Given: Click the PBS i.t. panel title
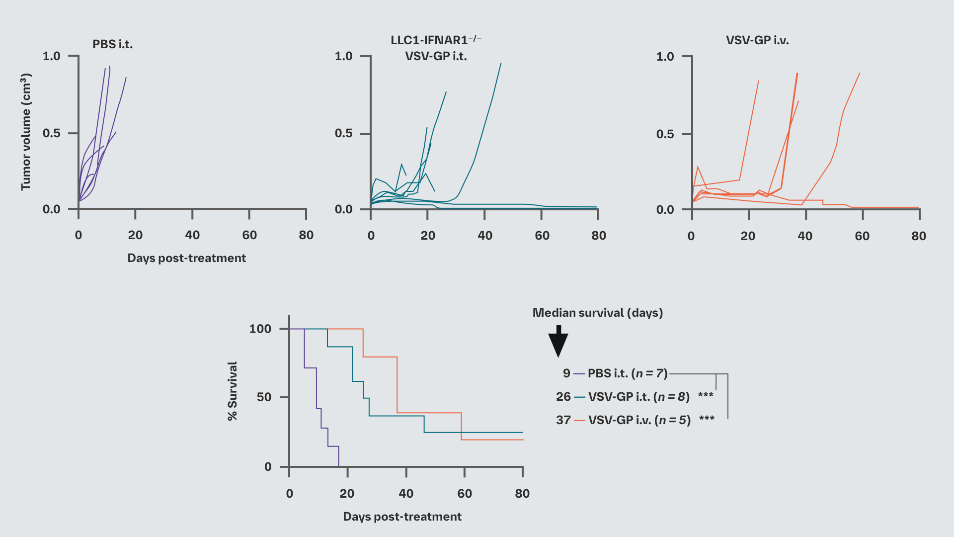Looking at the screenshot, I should point(112,44).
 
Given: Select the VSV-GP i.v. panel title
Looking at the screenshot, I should point(757,40).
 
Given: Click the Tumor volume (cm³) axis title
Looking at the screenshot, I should point(26,132).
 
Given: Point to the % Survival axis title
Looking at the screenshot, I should point(232,391).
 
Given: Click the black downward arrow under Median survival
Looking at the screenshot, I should point(558,342).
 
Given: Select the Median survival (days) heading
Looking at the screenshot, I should point(597,313).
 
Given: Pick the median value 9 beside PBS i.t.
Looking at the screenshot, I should point(566,373).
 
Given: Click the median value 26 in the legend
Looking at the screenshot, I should point(563,396).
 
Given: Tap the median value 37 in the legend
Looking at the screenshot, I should point(563,420).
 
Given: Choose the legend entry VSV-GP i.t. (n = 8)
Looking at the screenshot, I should point(638,396).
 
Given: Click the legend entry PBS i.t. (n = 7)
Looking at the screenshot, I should point(627,373).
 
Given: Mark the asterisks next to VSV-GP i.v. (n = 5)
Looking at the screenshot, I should point(706,419).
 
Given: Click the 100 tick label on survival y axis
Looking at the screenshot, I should point(260,329).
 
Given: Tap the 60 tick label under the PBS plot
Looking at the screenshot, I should point(249,235).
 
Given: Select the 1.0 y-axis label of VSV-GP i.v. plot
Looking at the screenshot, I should point(665,56).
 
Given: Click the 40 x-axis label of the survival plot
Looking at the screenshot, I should point(405,493).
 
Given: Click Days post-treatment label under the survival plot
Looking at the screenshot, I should point(402,517).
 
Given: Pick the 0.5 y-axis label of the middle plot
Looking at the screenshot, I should point(343,133).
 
